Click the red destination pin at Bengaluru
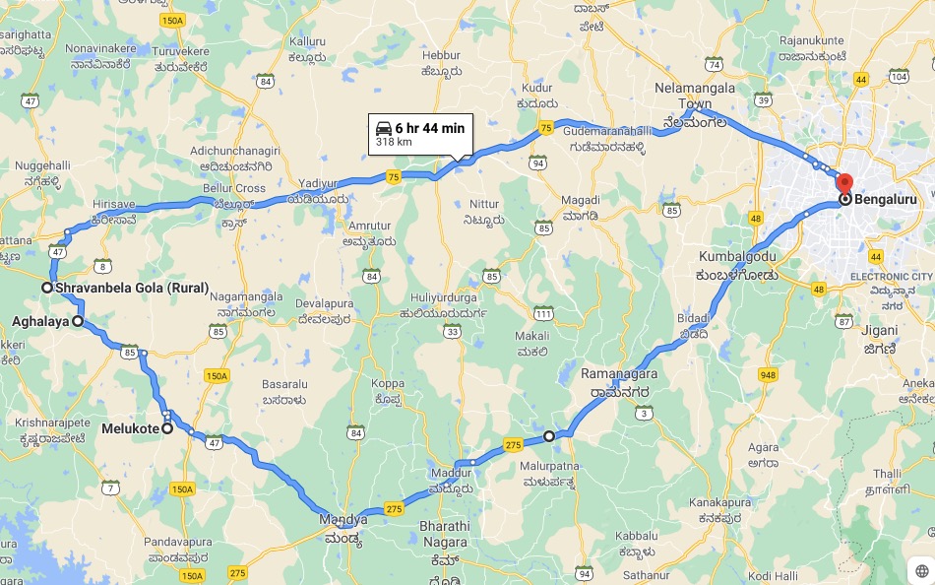[843, 183]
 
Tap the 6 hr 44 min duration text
[430, 128]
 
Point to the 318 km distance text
[394, 143]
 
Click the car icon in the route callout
[384, 128]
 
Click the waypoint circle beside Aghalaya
[78, 321]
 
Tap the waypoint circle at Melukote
[167, 428]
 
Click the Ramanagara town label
[618, 373]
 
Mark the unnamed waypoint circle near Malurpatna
[549, 435]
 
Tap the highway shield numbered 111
[543, 313]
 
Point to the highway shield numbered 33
[453, 332]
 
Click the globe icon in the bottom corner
[921, 570]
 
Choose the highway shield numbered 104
[898, 76]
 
